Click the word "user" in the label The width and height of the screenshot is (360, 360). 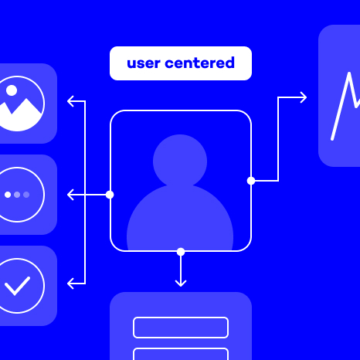[144, 63]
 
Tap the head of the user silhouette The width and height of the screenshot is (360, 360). [180, 161]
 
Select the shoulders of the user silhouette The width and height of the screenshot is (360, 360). [180, 219]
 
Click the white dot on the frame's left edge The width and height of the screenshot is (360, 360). [110, 195]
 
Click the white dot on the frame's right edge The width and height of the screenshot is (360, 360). [251, 181]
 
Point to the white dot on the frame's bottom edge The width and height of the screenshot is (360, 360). [181, 252]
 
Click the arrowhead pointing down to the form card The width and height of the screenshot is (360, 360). [181, 284]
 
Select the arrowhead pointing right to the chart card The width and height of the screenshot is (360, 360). [304, 97]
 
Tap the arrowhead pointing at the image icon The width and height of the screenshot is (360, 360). [70, 101]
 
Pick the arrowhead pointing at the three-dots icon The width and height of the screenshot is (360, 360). [70, 195]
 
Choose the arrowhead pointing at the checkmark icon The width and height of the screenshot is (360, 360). [70, 284]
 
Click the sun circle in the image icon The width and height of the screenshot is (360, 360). [12, 90]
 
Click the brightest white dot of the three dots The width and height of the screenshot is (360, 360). [8, 195]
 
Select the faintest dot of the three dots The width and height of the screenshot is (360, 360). [26, 195]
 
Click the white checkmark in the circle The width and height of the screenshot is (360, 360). [17, 286]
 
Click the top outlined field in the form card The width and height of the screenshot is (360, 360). [181, 328]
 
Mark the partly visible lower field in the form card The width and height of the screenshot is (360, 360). [181, 354]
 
